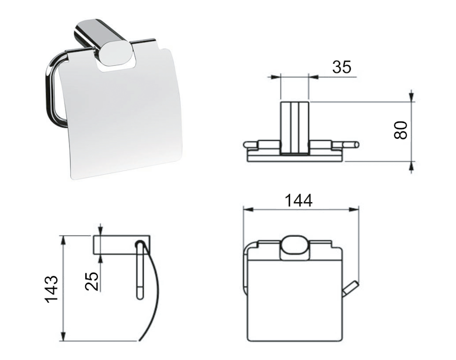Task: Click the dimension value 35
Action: coord(341,67)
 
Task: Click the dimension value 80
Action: coord(401,130)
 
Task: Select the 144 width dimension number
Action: coord(298,201)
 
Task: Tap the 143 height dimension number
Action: coord(52,290)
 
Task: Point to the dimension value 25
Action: coord(92,281)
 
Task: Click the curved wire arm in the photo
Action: coord(53,87)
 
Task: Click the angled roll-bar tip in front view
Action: coord(351,289)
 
